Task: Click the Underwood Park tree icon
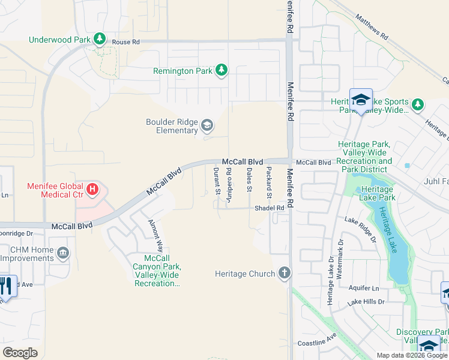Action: pyautogui.click(x=100, y=40)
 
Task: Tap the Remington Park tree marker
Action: pyautogui.click(x=221, y=71)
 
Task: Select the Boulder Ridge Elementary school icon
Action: pyautogui.click(x=207, y=125)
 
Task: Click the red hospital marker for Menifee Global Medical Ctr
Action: pyautogui.click(x=92, y=190)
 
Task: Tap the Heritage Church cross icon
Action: pyautogui.click(x=284, y=274)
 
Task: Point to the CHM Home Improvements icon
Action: pyautogui.click(x=63, y=254)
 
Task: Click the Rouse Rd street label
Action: pyautogui.click(x=125, y=42)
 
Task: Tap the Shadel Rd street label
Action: pyautogui.click(x=269, y=208)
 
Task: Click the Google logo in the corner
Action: pyautogui.click(x=20, y=352)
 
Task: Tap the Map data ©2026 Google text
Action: pyautogui.click(x=411, y=355)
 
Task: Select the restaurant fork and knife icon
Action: pyautogui.click(x=6, y=287)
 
